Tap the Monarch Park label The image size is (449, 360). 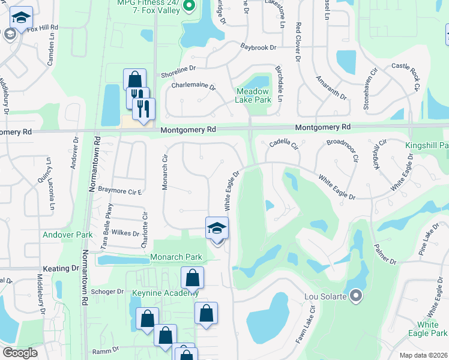(x=176, y=257)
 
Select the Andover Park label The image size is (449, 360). (x=67, y=235)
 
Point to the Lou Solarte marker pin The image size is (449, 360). (x=356, y=295)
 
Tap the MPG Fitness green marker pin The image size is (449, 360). (x=190, y=7)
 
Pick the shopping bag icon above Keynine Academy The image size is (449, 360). (x=192, y=277)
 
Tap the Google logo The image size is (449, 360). (x=20, y=353)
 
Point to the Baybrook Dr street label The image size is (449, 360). (x=258, y=47)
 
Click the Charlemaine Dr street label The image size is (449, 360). (x=193, y=86)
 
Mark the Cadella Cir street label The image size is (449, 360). (x=284, y=143)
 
